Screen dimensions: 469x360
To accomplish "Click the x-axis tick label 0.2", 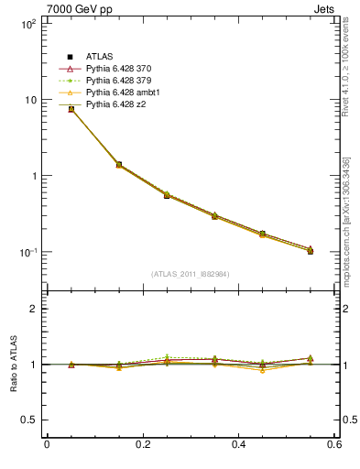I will point(142,445).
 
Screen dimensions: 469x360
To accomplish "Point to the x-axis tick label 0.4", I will point(238,445).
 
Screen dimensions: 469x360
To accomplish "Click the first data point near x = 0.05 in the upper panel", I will point(71,109).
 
